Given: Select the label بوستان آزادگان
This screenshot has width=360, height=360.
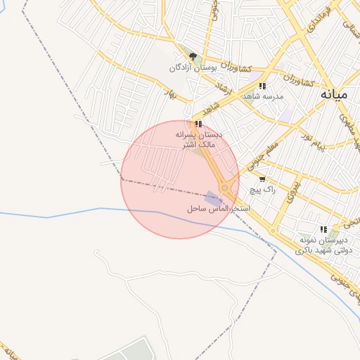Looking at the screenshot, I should (192, 68).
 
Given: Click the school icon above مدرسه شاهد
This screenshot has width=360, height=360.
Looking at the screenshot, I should (262, 86).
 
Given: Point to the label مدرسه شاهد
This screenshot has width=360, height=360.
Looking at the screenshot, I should (263, 96).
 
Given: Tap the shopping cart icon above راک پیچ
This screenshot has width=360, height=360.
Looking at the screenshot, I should (263, 180).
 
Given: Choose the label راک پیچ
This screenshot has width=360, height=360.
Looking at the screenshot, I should (263, 190).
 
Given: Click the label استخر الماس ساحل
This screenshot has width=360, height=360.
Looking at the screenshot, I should (214, 210).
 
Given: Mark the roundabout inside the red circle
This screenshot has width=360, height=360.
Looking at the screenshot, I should (225, 188).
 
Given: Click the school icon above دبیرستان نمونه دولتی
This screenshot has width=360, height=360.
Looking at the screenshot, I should (323, 229).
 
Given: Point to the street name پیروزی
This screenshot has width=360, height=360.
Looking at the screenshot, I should (291, 192).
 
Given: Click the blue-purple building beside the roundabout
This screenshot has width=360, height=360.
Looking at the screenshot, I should (212, 198).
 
